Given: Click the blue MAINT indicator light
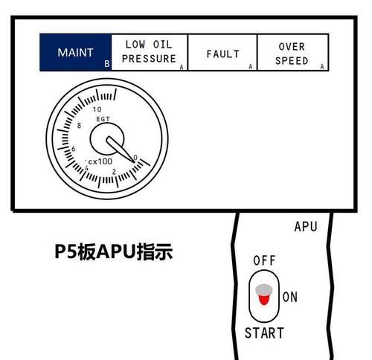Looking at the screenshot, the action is click(x=76, y=52).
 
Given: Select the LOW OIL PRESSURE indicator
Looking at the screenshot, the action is click(x=150, y=52).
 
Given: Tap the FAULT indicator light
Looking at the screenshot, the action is click(x=222, y=52).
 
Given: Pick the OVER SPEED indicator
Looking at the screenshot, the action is click(x=293, y=52).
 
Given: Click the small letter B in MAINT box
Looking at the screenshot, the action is click(x=107, y=64).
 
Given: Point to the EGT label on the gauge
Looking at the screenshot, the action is click(x=103, y=119).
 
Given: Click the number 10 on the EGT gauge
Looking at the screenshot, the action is click(x=97, y=109).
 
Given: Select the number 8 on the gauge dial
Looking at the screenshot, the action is click(x=79, y=126).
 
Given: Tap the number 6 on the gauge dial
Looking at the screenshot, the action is click(x=73, y=149).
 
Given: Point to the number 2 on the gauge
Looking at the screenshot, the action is click(x=114, y=172).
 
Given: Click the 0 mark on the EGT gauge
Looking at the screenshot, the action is click(x=135, y=158).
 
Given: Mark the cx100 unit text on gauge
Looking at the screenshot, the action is click(x=100, y=161).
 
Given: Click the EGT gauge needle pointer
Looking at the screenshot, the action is click(x=121, y=150).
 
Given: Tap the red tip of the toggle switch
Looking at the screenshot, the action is click(x=263, y=299).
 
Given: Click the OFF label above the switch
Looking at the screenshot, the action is click(x=264, y=260).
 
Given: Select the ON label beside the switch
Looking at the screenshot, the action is click(x=290, y=297).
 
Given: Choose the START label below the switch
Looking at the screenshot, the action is click(x=264, y=333).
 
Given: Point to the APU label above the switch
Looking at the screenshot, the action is click(x=306, y=227).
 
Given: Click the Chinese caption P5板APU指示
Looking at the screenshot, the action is click(x=114, y=251).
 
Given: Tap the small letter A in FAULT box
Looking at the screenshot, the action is click(x=251, y=66).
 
